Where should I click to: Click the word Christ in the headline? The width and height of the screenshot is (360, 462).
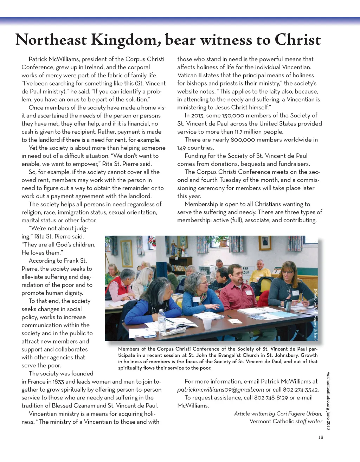click(298, 40)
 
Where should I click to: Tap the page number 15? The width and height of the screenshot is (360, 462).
click(320, 437)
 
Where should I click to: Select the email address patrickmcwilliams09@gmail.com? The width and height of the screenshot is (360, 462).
click(220, 390)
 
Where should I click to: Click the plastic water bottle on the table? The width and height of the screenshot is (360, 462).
click(162, 320)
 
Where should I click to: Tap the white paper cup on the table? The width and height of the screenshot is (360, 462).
click(207, 323)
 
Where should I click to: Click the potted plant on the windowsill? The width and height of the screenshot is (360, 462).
click(223, 241)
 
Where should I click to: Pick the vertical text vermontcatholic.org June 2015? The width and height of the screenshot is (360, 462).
click(328, 400)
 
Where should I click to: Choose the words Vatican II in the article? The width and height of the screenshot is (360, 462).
click(191, 75)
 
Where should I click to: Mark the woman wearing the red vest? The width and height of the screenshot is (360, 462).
click(121, 285)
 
